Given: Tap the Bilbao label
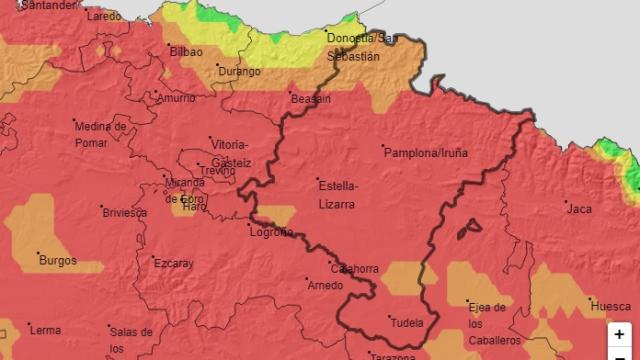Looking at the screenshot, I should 186,51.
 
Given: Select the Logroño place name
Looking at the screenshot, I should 270,232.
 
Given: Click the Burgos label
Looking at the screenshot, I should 57,260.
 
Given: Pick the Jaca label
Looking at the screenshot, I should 579,208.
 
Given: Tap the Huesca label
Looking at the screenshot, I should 610,305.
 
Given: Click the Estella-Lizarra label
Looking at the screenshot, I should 336,194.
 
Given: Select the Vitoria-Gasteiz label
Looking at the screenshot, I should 230,152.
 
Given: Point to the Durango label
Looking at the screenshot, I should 240,72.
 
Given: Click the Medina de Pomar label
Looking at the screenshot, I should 99,133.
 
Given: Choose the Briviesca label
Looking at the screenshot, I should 125,212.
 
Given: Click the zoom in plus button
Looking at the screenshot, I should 620,334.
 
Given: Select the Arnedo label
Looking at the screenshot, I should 325,285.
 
